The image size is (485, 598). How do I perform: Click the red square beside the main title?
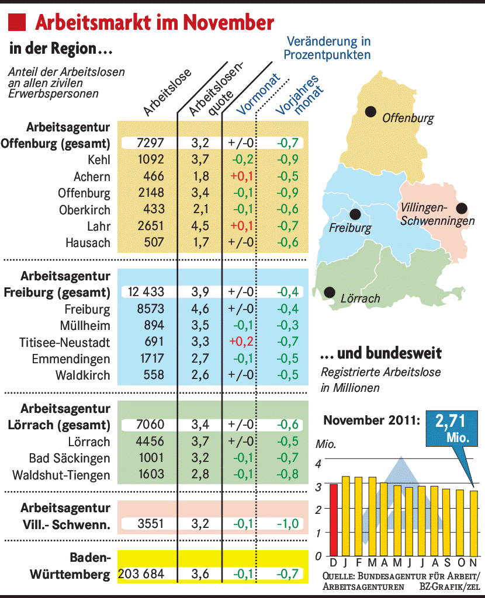(16, 23)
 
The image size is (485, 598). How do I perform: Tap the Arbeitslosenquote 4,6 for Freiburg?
(200, 308)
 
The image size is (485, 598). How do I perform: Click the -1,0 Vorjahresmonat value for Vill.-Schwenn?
(287, 524)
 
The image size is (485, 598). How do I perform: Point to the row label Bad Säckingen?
(70, 458)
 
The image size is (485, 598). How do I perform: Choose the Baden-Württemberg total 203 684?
(141, 574)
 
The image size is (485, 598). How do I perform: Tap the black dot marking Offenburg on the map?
(370, 111)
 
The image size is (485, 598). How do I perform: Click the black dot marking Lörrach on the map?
(330, 291)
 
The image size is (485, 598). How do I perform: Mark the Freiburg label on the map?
(350, 228)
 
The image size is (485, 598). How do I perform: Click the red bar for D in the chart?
(334, 519)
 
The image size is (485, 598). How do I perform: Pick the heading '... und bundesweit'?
(381, 353)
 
